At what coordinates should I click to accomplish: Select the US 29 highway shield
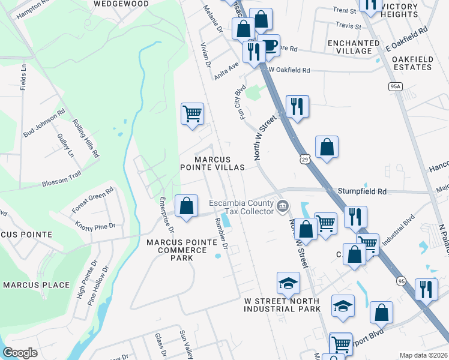[305, 158]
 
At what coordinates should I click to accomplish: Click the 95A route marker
[394, 87]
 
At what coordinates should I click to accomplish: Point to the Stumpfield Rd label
[363, 191]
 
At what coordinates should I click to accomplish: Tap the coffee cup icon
[270, 46]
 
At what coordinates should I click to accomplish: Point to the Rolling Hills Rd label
[86, 137]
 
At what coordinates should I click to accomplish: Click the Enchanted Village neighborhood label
[354, 47]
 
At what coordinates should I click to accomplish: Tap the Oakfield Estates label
[420, 63]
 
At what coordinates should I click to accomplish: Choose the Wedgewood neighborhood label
[121, 4]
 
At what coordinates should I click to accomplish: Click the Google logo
[20, 353]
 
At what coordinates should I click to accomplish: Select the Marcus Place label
[36, 285]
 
